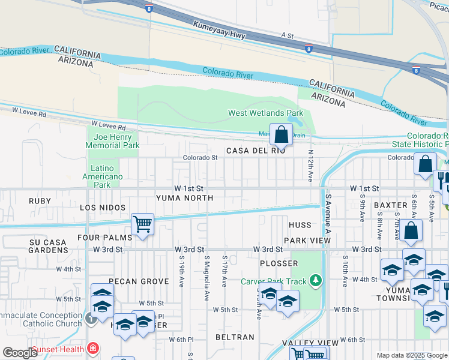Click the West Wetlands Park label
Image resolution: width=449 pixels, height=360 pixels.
(x=265, y=113)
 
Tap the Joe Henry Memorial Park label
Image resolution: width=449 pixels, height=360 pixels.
(x=112, y=141)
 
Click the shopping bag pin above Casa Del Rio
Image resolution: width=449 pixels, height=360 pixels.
(x=281, y=135)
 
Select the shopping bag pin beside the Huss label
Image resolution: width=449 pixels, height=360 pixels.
(x=411, y=231)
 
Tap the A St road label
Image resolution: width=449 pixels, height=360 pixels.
(x=287, y=36)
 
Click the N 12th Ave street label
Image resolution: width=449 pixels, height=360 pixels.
(x=310, y=166)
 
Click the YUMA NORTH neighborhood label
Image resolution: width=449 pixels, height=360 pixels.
(x=184, y=197)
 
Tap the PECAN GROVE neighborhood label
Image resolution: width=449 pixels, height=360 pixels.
(x=139, y=281)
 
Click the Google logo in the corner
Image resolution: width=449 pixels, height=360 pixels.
(x=20, y=353)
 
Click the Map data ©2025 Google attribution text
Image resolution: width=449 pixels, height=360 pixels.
(x=411, y=355)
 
